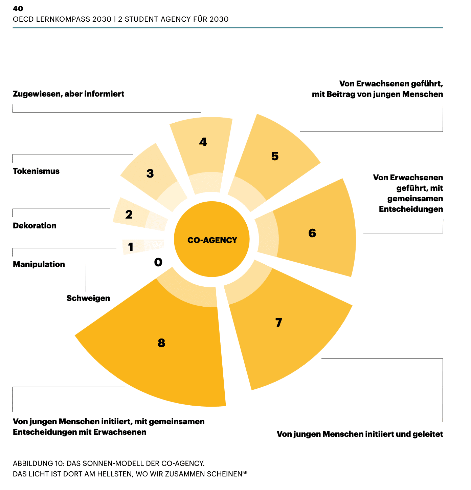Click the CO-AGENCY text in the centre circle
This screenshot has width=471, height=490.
tap(212, 240)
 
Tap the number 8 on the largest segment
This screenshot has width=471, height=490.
tap(161, 343)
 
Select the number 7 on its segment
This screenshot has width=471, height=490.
tap(278, 322)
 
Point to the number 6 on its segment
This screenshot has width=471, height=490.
tap(312, 233)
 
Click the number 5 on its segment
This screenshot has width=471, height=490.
tap(275, 156)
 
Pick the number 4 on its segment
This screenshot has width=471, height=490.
tap(203, 142)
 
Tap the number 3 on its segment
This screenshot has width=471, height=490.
tap(150, 173)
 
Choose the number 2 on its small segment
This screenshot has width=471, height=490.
tap(129, 215)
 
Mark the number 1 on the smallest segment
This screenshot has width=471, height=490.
tap(131, 247)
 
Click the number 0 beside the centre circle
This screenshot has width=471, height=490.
tap(158, 262)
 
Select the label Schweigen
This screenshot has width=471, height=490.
tap(88, 298)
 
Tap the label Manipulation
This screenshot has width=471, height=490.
tap(39, 264)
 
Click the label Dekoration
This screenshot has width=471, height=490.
tap(35, 226)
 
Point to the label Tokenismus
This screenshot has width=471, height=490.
tap(36, 171)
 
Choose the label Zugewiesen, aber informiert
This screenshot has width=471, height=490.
tap(69, 94)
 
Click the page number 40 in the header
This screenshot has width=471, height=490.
tap(18, 8)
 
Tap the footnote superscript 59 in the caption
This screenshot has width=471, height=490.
tap(245, 472)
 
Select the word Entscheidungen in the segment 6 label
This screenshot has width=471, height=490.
tap(411, 209)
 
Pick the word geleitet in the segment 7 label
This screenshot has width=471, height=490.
tap(428, 434)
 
